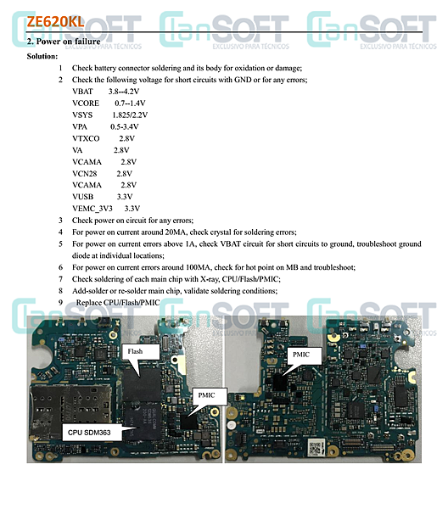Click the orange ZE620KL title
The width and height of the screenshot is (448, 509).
click(55, 22)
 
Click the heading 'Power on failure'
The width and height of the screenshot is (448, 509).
click(68, 42)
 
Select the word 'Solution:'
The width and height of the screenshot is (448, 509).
click(42, 56)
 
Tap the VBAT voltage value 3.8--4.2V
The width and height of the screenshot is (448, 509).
click(124, 92)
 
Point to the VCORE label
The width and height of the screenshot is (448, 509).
click(86, 103)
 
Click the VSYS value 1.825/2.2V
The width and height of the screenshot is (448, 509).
click(130, 115)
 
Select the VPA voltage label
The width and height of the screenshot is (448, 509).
click(80, 126)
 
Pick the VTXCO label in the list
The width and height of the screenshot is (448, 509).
click(86, 138)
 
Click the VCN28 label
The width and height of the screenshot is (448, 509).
click(84, 174)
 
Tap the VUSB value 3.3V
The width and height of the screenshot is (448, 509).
click(125, 197)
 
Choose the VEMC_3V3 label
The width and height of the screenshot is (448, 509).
click(92, 209)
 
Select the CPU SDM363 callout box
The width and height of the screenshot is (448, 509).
click(92, 433)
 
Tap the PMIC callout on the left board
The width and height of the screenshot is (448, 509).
click(210, 395)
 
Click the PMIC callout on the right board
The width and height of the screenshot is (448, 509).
click(305, 355)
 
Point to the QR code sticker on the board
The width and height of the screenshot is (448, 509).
click(314, 448)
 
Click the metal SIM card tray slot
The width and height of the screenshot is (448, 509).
click(70, 411)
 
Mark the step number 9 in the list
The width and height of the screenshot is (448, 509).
click(60, 303)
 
